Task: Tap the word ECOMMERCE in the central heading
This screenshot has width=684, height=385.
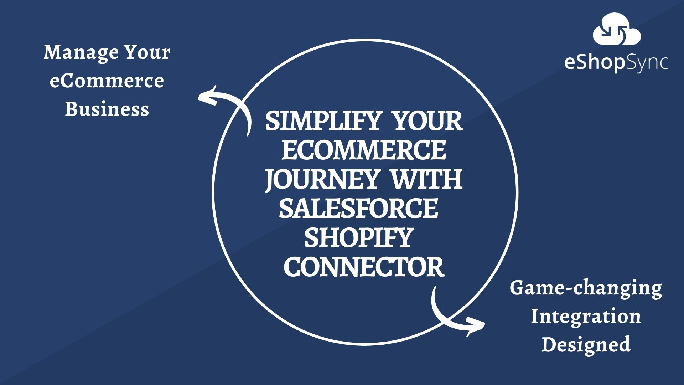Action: coord(364,150)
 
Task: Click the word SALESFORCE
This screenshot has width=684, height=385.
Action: coord(358,209)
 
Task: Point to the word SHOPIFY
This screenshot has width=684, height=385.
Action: coord(358,238)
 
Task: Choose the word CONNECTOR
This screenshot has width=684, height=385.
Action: coord(364,267)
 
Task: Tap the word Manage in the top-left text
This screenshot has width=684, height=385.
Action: coord(81,52)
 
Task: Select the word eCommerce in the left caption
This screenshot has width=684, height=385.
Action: coord(107,81)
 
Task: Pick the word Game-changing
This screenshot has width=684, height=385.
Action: coord(586,288)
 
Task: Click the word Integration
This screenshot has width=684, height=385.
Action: coord(586,316)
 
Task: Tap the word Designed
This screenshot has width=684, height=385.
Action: coord(586,344)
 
